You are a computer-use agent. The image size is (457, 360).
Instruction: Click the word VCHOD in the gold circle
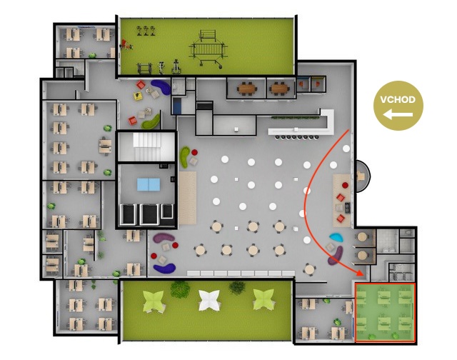click(398, 100)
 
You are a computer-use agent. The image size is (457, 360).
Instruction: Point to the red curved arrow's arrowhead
click(360, 272)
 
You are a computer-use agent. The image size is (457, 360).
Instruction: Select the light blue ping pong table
click(149, 184)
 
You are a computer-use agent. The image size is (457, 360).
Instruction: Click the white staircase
click(147, 146)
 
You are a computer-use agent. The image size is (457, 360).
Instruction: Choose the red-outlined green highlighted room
click(385, 312)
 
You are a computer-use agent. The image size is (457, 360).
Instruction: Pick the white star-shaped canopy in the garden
click(210, 300)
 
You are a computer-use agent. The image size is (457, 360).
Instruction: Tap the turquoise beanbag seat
click(336, 237)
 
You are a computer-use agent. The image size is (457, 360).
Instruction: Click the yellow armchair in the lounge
click(138, 96)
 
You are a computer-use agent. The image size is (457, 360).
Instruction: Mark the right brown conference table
click(279, 88)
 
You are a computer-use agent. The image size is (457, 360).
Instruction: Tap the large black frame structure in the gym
click(209, 49)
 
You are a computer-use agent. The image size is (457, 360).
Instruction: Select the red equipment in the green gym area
click(126, 44)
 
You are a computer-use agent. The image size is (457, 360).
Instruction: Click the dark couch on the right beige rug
click(348, 208)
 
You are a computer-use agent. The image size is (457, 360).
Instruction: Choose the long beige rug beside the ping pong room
click(187, 198)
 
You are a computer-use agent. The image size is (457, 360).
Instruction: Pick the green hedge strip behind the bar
click(295, 118)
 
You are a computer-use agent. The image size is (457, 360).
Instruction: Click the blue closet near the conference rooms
click(176, 106)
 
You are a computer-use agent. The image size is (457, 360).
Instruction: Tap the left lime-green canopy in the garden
click(154, 301)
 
